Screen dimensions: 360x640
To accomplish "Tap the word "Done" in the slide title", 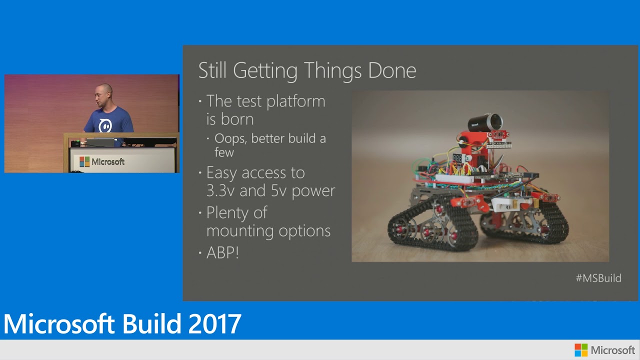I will coord(392,70).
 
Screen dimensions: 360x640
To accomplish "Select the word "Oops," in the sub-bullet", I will coord(231,138).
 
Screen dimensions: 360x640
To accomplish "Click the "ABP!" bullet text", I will coord(222,252).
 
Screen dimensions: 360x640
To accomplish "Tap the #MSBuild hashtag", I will coord(598,278).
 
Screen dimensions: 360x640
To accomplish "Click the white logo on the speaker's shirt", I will coord(105,125).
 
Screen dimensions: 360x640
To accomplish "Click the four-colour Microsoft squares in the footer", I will coord(581,350).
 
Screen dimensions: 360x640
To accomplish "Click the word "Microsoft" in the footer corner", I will coord(612,350).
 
